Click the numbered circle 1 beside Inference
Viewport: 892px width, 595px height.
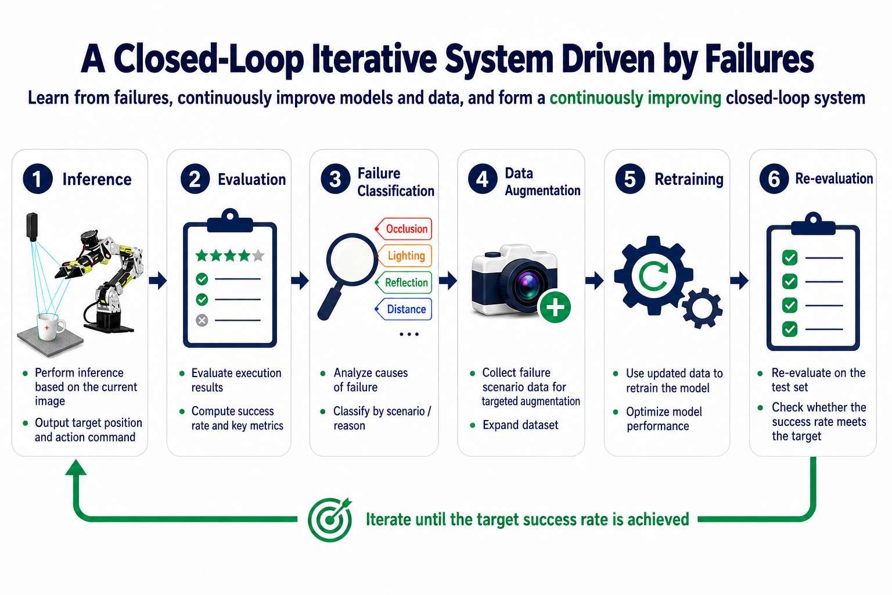click(38, 179)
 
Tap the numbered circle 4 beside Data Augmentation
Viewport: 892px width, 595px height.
click(483, 179)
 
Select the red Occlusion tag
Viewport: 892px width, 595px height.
click(404, 229)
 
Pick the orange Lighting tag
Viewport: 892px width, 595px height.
click(404, 256)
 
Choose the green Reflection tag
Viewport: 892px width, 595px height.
click(404, 282)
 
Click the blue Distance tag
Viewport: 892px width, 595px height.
click(404, 309)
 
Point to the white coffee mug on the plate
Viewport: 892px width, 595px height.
click(50, 327)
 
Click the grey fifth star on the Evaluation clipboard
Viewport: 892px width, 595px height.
click(258, 255)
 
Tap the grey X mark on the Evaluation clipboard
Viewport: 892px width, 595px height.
click(202, 320)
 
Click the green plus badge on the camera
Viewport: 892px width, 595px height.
click(555, 307)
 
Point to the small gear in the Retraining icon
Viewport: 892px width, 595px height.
click(702, 308)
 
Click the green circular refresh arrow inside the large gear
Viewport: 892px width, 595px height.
click(653, 276)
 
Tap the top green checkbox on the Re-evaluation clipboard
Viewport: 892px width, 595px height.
click(790, 258)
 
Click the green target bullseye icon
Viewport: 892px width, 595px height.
click(330, 519)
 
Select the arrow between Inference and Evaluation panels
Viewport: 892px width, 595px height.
click(158, 280)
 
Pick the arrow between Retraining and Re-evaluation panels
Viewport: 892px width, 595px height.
click(739, 280)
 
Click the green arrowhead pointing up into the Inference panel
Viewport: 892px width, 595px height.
click(75, 467)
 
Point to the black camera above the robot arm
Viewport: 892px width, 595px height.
click(32, 227)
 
